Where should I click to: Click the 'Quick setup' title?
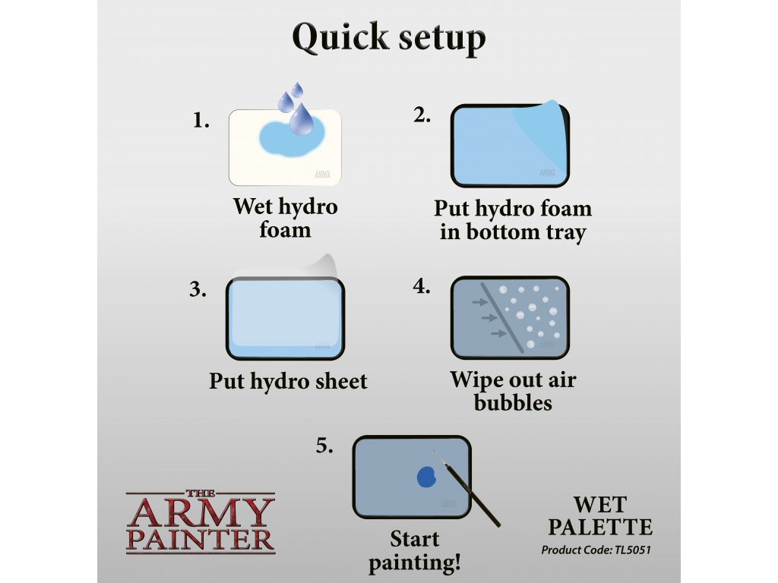pyautogui.click(x=388, y=38)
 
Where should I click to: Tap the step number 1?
pyautogui.click(x=201, y=121)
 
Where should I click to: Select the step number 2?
pyautogui.click(x=422, y=115)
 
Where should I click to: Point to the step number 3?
pyautogui.click(x=198, y=289)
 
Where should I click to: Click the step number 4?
pyautogui.click(x=421, y=286)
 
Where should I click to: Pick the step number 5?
pyautogui.click(x=324, y=446)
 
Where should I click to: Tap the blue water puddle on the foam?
pyautogui.click(x=292, y=138)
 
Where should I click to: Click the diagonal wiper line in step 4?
pyautogui.click(x=502, y=318)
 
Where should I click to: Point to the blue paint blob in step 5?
pyautogui.click(x=426, y=477)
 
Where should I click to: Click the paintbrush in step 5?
pyautogui.click(x=467, y=488)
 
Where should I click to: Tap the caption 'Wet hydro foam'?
pyautogui.click(x=286, y=218)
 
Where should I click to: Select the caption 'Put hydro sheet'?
pyautogui.click(x=288, y=381)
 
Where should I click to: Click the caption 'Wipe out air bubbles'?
pyautogui.click(x=513, y=391)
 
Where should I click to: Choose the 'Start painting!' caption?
pyautogui.click(x=415, y=551)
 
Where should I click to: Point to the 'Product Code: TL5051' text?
pyautogui.click(x=596, y=550)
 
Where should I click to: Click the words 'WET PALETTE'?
pyautogui.click(x=600, y=515)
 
